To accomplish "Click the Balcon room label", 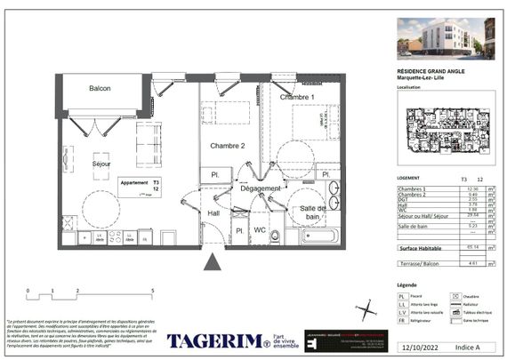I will coord(104,89).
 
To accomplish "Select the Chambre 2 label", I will coord(227,146).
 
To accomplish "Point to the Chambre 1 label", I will coord(298,97).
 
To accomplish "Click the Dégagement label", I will coord(260,188).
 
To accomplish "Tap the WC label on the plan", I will coord(260,230).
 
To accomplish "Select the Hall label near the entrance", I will coord(213,213).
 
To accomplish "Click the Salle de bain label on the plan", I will coord(310,212).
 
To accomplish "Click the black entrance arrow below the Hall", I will coord(213,260).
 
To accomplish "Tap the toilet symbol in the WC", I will coord(275,236).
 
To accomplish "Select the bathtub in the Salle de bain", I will coord(318,236).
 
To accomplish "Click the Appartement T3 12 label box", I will coord(141,186).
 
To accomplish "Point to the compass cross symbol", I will coord(365,308).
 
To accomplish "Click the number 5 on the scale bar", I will coord(153,291).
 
